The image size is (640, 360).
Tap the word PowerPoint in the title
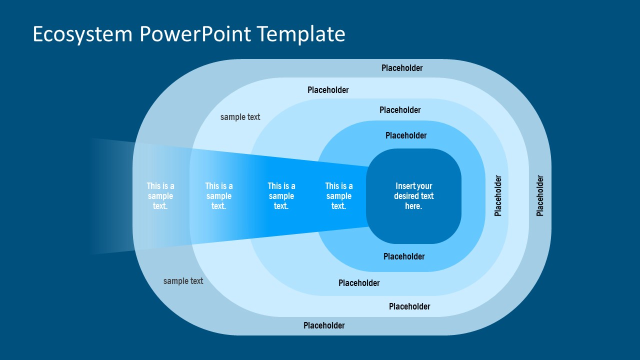(195, 34)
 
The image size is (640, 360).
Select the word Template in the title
(301, 34)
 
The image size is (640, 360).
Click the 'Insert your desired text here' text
(413, 196)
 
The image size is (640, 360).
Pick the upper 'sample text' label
(240, 117)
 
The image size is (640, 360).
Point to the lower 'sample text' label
(183, 281)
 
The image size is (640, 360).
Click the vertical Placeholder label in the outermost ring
(540, 195)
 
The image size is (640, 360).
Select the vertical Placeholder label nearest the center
(498, 195)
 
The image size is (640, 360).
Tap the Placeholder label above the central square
(406, 135)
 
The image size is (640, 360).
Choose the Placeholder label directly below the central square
(404, 256)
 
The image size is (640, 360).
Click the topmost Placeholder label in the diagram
(402, 68)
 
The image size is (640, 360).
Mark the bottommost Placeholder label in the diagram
(324, 325)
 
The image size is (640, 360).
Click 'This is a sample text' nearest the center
(339, 196)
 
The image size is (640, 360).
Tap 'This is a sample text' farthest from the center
(160, 196)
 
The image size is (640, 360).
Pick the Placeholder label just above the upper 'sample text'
(328, 90)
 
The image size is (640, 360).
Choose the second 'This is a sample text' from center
(281, 196)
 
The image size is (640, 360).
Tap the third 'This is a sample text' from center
(219, 196)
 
